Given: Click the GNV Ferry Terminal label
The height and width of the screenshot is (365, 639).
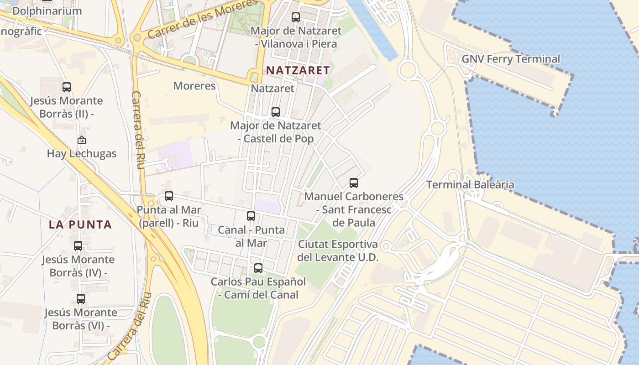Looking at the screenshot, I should tap(511, 59).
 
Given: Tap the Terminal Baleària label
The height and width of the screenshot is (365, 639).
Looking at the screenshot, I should tap(470, 185).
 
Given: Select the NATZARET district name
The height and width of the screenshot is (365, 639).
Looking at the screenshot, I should tap(298, 70).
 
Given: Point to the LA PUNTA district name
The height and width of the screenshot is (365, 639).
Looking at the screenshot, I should tap(80, 224).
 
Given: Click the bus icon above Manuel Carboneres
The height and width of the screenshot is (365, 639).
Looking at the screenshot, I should tap(354, 183).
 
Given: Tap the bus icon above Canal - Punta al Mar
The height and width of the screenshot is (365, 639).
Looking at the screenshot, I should tap(251, 216).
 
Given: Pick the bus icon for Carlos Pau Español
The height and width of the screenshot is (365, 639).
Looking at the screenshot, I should tap(258, 268).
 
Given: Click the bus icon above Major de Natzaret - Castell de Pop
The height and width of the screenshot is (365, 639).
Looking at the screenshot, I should tap(276, 112).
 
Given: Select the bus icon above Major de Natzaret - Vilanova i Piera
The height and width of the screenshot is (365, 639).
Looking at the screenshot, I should tap(296, 17).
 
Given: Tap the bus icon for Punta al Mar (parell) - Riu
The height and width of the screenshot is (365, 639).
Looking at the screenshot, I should tap(169, 196).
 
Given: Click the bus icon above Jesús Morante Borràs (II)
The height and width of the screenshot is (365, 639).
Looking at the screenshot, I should tap(67, 87).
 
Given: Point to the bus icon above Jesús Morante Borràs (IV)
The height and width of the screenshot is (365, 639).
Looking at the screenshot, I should tap(78, 246).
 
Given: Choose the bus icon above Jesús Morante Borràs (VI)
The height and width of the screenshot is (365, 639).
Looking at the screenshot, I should tap(81, 299).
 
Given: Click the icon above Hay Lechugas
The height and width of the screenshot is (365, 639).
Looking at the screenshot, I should tap(82, 140).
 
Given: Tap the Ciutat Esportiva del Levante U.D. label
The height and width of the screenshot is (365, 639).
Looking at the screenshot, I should tap(338, 250).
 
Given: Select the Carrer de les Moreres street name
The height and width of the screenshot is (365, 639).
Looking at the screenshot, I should tap(203, 18).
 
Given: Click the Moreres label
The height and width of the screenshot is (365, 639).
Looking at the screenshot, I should tap(194, 86).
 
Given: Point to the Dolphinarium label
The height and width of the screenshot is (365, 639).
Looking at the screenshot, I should tap(47, 11).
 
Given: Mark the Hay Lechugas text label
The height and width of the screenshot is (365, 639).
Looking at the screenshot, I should tap(82, 154).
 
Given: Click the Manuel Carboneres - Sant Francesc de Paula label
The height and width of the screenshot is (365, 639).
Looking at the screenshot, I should tap(354, 209).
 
